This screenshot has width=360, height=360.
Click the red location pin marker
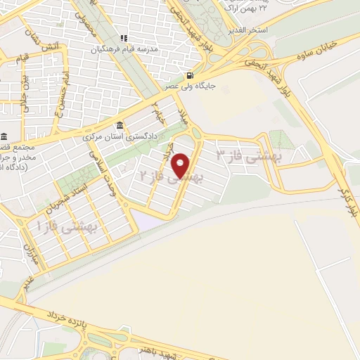coord(181,165)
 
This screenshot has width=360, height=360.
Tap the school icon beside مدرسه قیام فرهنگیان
coord(124,38)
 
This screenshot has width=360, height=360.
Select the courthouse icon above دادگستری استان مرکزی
coord(120,125)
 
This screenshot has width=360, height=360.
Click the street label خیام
coord(160,112)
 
